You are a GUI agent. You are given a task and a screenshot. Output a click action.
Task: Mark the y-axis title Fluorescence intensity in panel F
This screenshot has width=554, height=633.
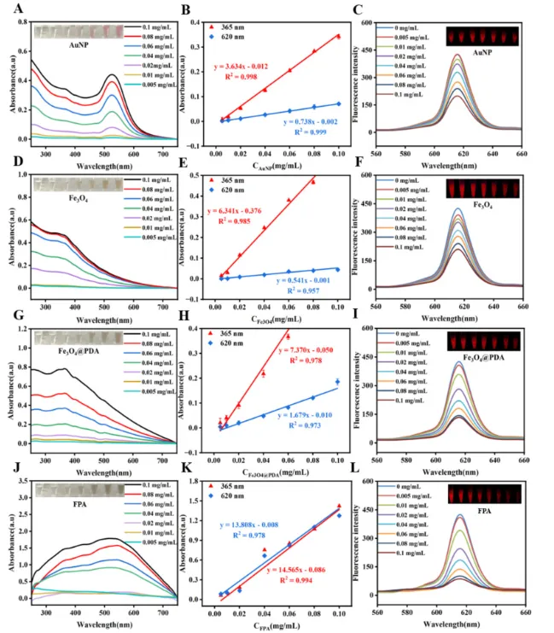353,232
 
